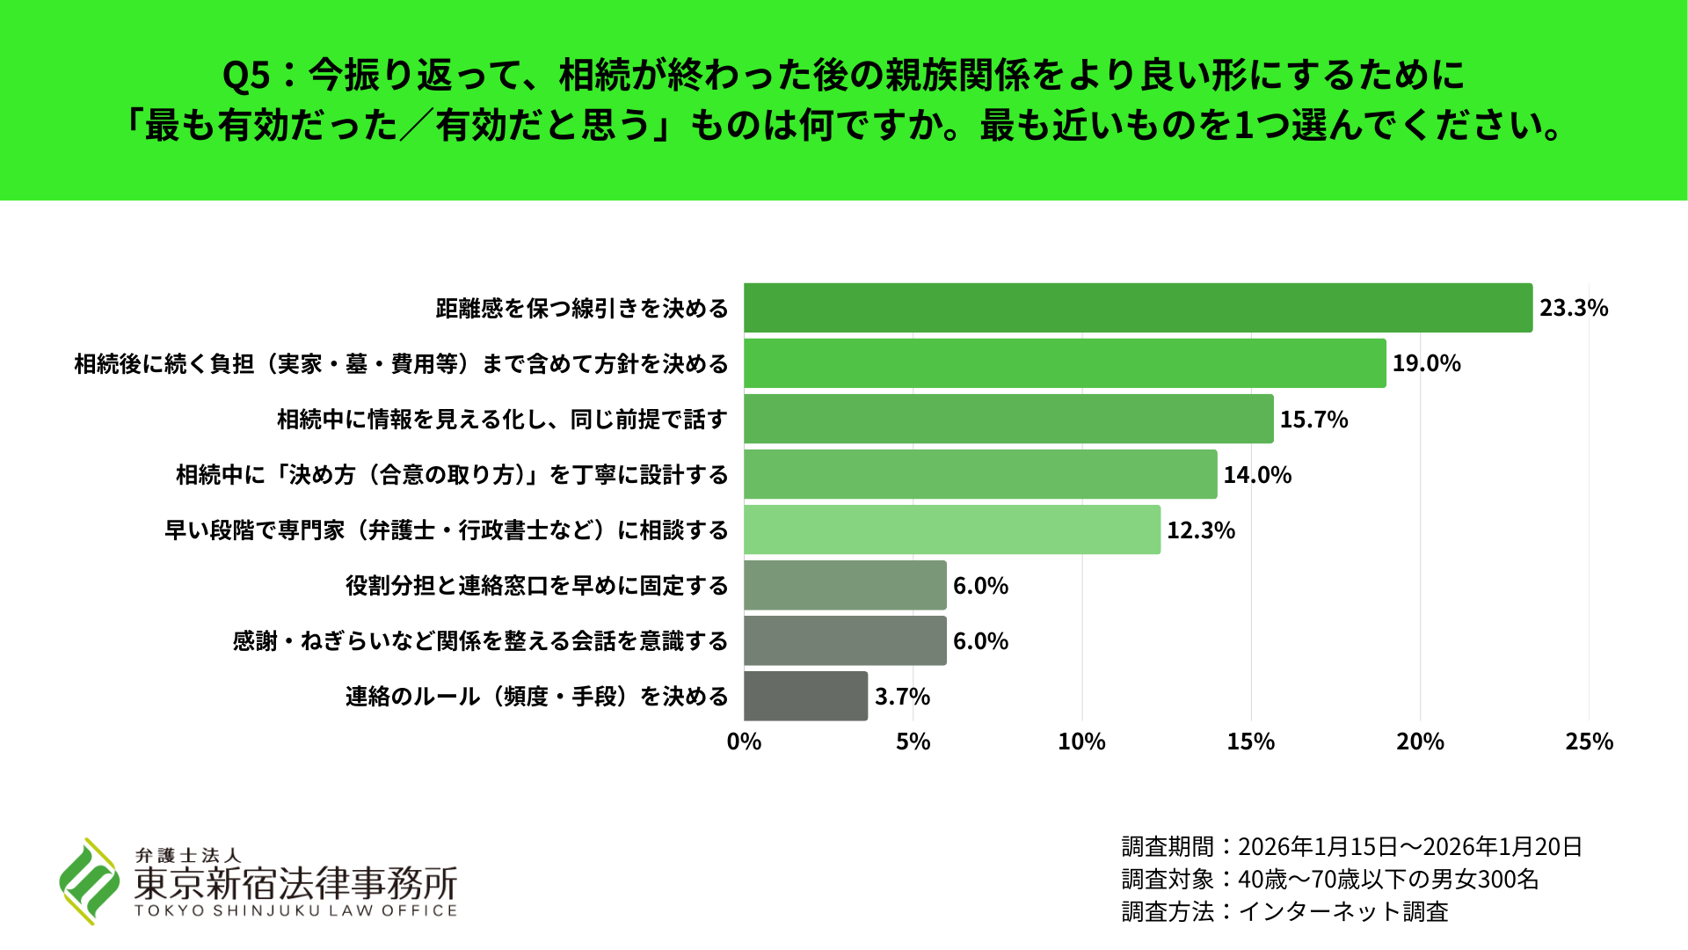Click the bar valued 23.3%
(1138, 308)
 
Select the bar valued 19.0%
(1065, 363)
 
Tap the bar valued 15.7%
(1008, 419)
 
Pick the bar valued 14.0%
(980, 474)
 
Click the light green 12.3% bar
(952, 530)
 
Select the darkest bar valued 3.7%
(805, 696)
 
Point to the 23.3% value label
(1574, 308)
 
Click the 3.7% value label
(902, 697)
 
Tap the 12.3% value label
(1201, 530)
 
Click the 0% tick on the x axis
(744, 742)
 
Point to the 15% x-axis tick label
(1250, 742)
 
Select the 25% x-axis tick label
(1589, 742)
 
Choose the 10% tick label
(1081, 742)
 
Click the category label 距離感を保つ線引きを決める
(582, 309)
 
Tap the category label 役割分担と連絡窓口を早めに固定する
(536, 586)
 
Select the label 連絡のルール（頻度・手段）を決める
(536, 697)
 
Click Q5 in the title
(246, 76)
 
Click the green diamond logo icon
(89, 881)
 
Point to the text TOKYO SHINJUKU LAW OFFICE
(295, 911)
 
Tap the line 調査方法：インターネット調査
(1284, 911)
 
